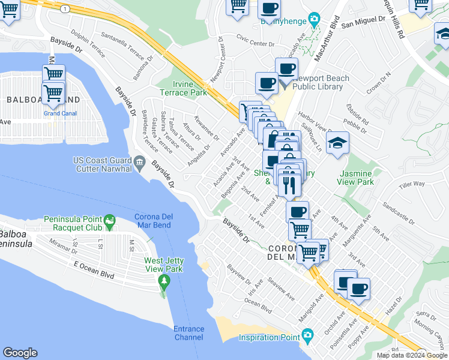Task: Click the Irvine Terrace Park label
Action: point(182,88)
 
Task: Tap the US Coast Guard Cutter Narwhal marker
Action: point(140,161)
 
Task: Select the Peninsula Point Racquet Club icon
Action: point(109,223)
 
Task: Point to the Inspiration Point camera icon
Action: point(308,334)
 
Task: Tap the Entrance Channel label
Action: point(188,333)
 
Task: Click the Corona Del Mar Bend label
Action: point(152,221)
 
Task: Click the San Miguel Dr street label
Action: point(363,23)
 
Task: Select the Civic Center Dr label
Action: point(255,43)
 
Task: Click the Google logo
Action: point(20,353)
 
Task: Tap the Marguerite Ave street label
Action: point(355,233)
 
